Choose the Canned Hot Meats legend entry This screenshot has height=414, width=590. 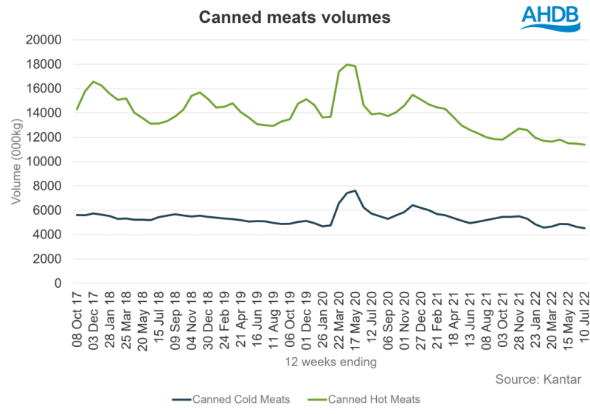coord(375,399)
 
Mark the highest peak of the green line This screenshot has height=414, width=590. coord(348,64)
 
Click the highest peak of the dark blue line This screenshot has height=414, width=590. coord(355,190)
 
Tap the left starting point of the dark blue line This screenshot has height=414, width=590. coord(76,215)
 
